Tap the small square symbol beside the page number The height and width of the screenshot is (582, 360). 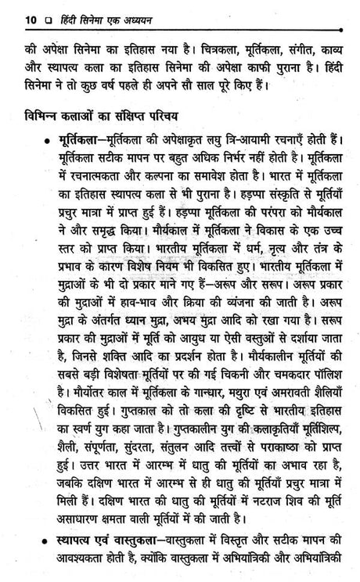point(29,17)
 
